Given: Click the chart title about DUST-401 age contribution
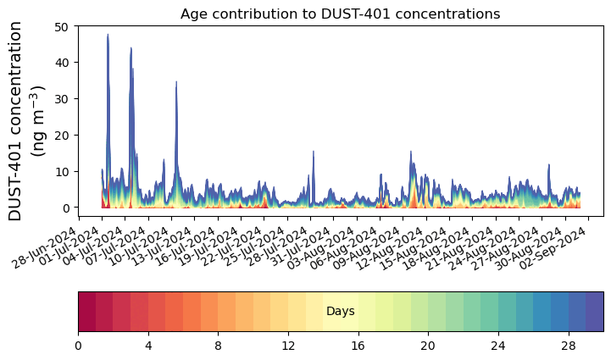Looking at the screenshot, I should [x=340, y=14].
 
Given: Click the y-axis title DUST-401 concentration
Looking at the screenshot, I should [x=28, y=121].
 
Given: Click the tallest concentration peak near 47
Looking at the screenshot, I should [x=108, y=36].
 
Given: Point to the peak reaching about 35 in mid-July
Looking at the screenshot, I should [x=176, y=82].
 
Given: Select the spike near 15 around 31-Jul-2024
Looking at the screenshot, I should [x=314, y=152].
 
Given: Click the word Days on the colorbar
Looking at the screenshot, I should [x=340, y=312].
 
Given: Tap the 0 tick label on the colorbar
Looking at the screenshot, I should [x=78, y=346].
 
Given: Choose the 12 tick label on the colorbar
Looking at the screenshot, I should [x=288, y=346].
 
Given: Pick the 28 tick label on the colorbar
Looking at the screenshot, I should [x=568, y=346].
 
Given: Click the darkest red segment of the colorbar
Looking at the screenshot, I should [x=86, y=312].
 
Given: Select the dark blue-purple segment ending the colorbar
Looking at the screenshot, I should [x=594, y=312].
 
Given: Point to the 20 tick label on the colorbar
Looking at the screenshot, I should [x=428, y=346].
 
